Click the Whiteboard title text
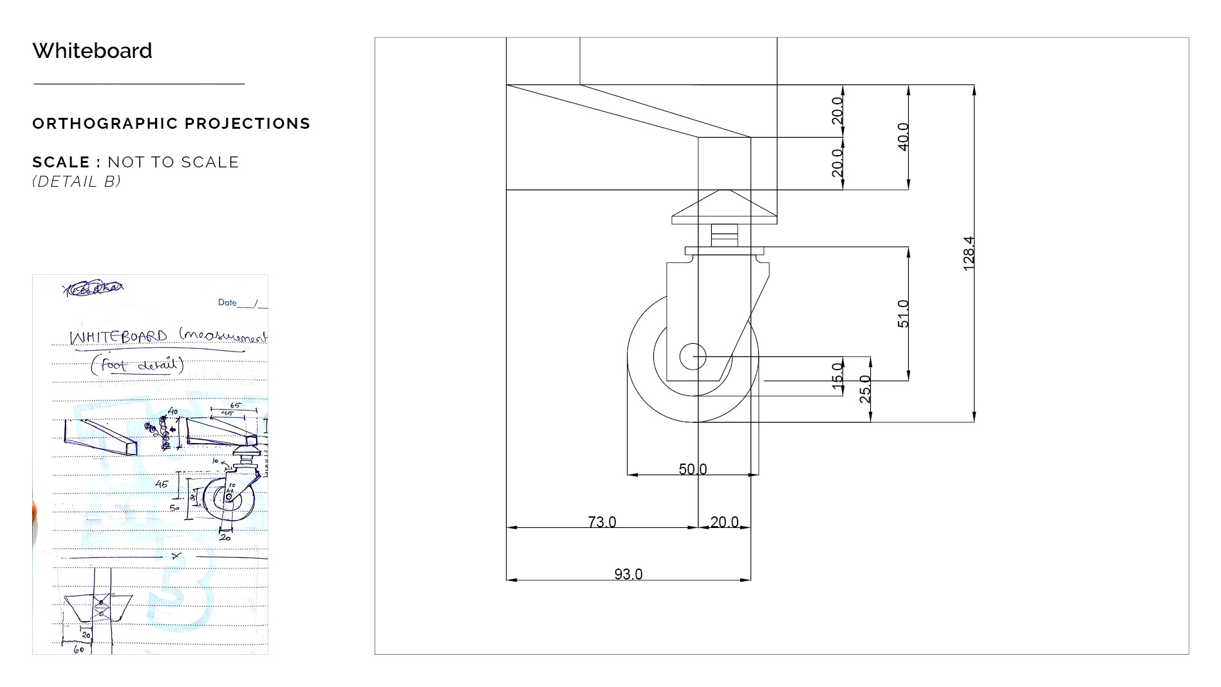coord(92,51)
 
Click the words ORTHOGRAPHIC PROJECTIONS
coord(171,124)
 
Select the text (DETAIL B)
coord(77,182)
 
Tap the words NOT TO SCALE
coord(173,162)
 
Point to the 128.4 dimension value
coord(969,253)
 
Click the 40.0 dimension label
coord(903,136)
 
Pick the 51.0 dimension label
coord(903,314)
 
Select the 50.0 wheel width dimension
coord(693,469)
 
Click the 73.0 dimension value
coord(602,522)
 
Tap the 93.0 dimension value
coord(628,574)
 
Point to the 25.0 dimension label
coord(865,389)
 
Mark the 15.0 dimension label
coord(837,375)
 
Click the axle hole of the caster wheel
coord(693,357)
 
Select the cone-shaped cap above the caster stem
coord(724,206)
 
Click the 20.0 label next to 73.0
coord(724,522)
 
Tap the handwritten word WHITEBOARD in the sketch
coord(118,337)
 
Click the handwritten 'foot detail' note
coord(137,365)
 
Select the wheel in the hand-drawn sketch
coord(228,498)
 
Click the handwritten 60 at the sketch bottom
coord(79,650)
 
